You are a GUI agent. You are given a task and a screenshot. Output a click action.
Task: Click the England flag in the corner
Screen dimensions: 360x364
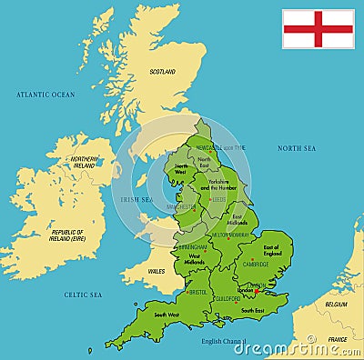coord(318,28)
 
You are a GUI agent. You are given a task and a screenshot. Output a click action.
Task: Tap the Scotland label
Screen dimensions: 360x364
coord(163,72)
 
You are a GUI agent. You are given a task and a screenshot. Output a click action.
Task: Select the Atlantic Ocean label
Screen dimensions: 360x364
coord(45,95)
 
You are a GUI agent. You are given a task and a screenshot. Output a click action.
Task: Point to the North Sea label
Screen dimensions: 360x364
coord(297,147)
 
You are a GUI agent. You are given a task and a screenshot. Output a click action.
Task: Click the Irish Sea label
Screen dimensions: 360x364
coord(136,199)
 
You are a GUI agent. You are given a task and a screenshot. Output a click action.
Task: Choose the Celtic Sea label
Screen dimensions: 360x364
coord(83,295)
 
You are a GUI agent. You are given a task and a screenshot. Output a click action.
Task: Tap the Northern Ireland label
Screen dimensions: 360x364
coord(83,163)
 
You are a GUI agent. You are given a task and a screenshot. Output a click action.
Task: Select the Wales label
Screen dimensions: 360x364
coord(156,271)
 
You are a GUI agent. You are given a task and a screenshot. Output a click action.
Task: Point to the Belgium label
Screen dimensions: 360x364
coord(336,305)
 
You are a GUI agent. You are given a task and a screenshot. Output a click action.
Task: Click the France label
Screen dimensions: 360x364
coord(337,339)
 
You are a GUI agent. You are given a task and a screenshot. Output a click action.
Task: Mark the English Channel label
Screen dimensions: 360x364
coord(224,341)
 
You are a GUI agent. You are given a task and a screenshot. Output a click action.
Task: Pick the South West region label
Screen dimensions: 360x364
coord(167,315)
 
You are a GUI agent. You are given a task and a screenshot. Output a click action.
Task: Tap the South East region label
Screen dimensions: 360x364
coord(252,311)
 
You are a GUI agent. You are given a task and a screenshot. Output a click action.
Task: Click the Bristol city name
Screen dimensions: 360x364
coord(197,292)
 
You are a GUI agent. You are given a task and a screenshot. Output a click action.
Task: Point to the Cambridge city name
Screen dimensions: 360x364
coord(256,265)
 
